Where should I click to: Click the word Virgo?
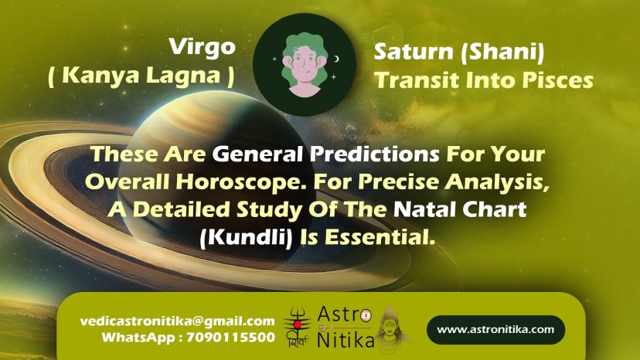[203, 47]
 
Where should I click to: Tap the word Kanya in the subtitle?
[100, 75]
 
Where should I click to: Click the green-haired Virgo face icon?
[305, 64]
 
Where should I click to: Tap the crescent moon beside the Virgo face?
[337, 59]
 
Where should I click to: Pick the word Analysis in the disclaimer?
[497, 182]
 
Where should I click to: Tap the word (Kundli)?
[246, 237]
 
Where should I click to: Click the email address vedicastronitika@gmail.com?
[178, 321]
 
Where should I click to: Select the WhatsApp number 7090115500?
[231, 338]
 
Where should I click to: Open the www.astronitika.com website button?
[496, 329]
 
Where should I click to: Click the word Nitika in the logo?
[346, 341]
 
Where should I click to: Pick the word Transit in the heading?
[417, 80]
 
